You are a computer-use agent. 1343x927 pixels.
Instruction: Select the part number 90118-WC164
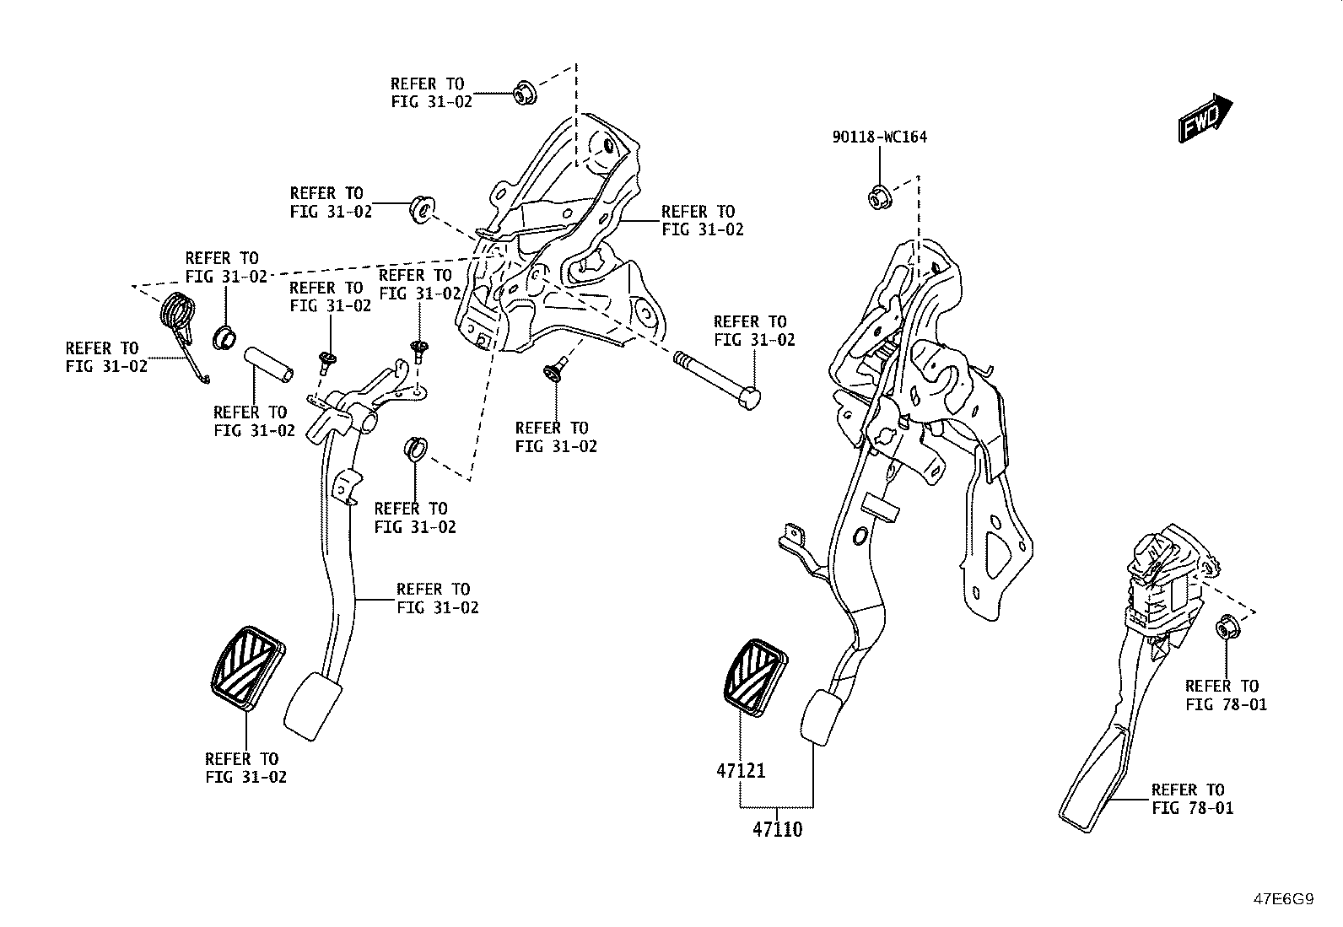[880, 137]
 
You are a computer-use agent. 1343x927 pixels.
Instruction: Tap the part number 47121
[741, 770]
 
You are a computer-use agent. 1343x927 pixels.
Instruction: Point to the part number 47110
[777, 829]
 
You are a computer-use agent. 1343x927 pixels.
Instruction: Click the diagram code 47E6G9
[1284, 899]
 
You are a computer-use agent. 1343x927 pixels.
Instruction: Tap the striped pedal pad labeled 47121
[756, 677]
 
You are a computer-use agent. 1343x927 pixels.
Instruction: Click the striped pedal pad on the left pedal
[248, 667]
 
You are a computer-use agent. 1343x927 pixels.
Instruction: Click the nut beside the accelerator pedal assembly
[1227, 628]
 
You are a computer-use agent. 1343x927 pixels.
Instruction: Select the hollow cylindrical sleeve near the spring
[268, 364]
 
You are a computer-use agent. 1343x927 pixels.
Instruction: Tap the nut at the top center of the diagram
[525, 92]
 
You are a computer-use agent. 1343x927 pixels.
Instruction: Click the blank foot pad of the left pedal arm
[312, 706]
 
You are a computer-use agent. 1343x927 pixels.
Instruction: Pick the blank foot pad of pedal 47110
[823, 718]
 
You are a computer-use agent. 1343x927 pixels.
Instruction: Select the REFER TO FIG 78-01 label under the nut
[1226, 695]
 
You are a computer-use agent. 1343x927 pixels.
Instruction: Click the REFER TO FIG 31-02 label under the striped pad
[245, 768]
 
